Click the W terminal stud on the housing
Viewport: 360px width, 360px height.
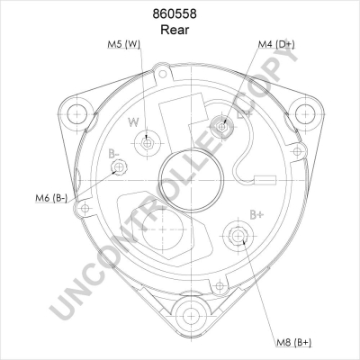(x=147, y=142)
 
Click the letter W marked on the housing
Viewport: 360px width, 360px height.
(x=132, y=122)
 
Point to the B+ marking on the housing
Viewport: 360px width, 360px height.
(x=256, y=214)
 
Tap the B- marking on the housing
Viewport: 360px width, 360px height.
(x=115, y=155)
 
